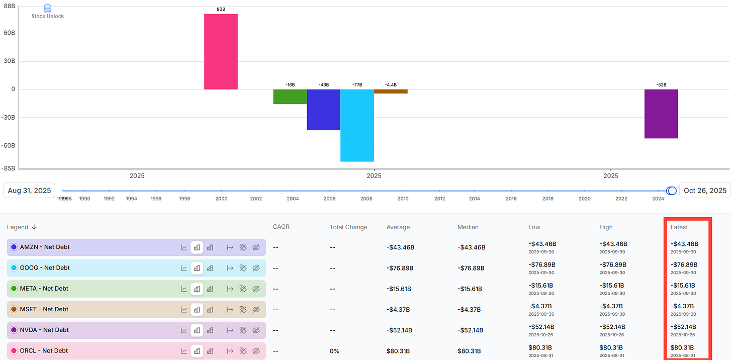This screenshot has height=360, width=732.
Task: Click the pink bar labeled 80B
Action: click(221, 52)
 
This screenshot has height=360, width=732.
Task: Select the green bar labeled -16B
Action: click(290, 97)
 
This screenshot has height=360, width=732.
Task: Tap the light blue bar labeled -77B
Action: click(357, 125)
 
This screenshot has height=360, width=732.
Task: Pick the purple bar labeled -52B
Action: click(661, 114)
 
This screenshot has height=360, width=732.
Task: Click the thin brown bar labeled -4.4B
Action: click(391, 92)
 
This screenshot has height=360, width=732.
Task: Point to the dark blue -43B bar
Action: click(323, 110)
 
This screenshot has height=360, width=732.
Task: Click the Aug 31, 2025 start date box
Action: click(30, 191)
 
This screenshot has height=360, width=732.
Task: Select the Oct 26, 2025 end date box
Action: click(705, 191)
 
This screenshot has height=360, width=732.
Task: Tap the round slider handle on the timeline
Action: click(671, 191)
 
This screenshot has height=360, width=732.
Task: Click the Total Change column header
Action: click(348, 227)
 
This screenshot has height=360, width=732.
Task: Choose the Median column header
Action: click(468, 227)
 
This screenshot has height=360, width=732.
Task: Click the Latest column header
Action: click(679, 227)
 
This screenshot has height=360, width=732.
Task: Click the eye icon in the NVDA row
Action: click(256, 330)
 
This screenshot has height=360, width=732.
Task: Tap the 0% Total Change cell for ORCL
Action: click(334, 351)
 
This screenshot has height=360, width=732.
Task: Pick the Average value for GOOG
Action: click(400, 268)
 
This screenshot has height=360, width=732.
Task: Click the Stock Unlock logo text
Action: click(48, 16)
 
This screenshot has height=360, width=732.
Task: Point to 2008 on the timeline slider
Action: click(366, 199)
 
